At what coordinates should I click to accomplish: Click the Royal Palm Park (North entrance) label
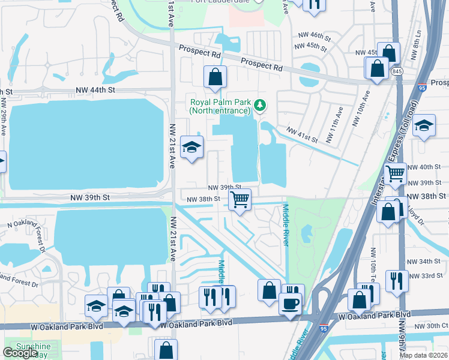pyautogui.click(x=219, y=106)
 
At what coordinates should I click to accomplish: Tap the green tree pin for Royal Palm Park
pyautogui.click(x=259, y=106)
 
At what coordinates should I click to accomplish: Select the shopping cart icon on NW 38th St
pyautogui.click(x=240, y=200)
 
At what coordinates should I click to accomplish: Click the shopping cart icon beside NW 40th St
pyautogui.click(x=395, y=174)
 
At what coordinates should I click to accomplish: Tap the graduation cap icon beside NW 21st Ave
pyautogui.click(x=191, y=147)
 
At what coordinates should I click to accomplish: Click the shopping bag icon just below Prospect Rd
pyautogui.click(x=215, y=77)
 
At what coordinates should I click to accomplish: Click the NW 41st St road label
pyautogui.click(x=301, y=134)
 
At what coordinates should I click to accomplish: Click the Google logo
pyautogui.click(x=20, y=352)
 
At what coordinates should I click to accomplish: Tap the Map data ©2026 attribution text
pyautogui.click(x=424, y=355)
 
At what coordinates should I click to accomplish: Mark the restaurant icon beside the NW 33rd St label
pyautogui.click(x=397, y=281)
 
